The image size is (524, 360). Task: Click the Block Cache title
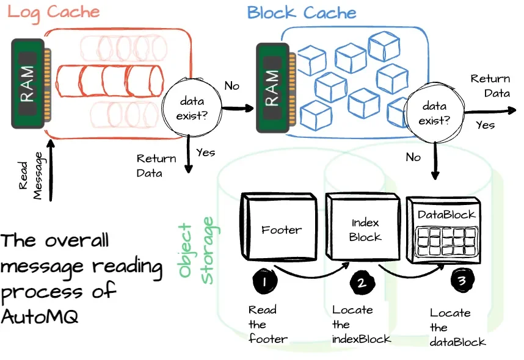301,12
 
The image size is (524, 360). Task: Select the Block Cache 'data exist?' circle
433,113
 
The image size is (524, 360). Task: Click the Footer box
280,229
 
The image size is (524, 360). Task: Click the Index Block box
365,229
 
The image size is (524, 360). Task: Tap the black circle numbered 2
360,283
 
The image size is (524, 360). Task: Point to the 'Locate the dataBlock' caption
457,327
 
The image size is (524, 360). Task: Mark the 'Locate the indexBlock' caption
361,324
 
